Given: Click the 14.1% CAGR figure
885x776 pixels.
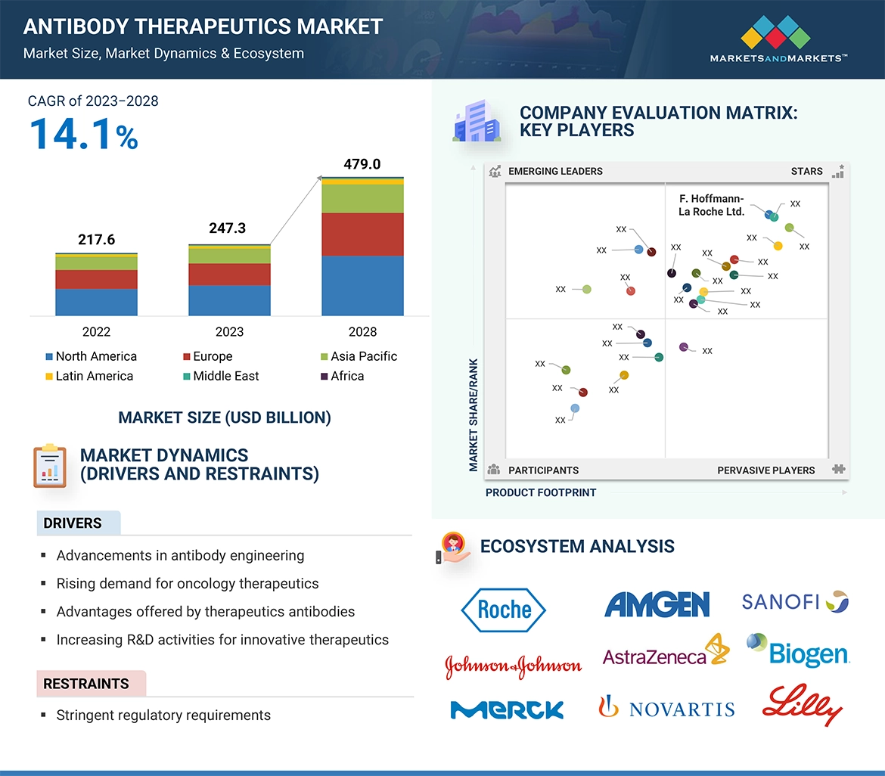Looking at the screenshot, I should pyautogui.click(x=83, y=134).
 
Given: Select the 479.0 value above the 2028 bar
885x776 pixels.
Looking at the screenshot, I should pyautogui.click(x=362, y=164).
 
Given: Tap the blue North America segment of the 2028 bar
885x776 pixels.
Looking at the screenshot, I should pyautogui.click(x=362, y=285).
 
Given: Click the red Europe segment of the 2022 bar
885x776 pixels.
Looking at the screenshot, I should pyautogui.click(x=96, y=279).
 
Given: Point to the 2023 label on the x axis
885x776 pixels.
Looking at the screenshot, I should pyautogui.click(x=229, y=332).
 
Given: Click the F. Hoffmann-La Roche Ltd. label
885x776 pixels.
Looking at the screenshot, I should pyautogui.click(x=711, y=205).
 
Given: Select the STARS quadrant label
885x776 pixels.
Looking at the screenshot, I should pyautogui.click(x=806, y=171).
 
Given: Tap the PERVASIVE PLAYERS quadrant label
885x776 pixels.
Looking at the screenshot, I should pyautogui.click(x=765, y=470).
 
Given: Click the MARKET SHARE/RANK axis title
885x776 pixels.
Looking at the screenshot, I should pyautogui.click(x=474, y=414).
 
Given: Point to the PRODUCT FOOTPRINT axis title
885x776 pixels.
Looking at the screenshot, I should pyautogui.click(x=541, y=492).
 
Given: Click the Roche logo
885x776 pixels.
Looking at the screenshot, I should pyautogui.click(x=504, y=609).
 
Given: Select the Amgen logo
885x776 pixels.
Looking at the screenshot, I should pyautogui.click(x=657, y=604).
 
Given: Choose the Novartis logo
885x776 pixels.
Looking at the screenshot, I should pyautogui.click(x=666, y=708).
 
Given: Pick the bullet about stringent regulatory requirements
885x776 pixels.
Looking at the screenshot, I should pyautogui.click(x=163, y=715).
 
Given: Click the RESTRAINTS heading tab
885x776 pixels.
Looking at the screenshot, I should pyautogui.click(x=86, y=684).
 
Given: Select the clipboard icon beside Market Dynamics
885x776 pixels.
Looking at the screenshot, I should pyautogui.click(x=50, y=465).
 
